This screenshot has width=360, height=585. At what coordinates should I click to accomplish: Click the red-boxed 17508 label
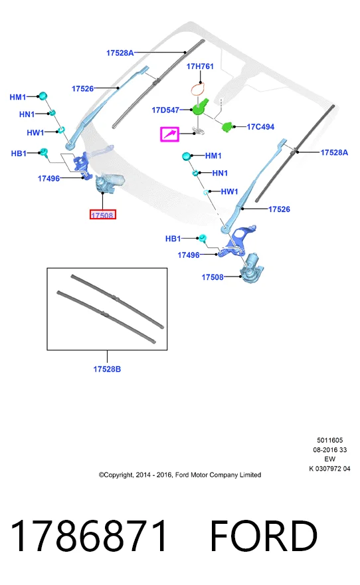[103, 215]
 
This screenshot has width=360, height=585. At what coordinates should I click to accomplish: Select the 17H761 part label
[200, 66]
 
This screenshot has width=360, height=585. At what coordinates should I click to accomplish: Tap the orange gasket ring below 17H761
[198, 90]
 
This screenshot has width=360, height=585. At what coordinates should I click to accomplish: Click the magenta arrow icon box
[170, 134]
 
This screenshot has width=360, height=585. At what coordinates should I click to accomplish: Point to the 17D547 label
[165, 110]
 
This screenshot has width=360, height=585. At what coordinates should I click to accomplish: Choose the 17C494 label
[260, 127]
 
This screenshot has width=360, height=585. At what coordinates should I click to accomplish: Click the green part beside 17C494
[227, 126]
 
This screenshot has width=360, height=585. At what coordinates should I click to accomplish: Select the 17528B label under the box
[107, 369]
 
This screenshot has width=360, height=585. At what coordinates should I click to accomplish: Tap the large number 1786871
[90, 536]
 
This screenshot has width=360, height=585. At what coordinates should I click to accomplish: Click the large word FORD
[264, 536]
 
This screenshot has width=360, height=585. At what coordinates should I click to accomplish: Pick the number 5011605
[330, 440]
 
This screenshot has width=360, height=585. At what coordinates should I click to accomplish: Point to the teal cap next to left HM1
[43, 96]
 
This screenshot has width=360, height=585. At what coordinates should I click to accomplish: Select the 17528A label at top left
[120, 53]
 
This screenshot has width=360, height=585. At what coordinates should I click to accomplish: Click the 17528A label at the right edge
[334, 152]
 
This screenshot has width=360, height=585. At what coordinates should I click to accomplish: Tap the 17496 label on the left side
[49, 178]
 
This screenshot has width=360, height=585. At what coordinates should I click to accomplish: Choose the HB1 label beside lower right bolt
[173, 239]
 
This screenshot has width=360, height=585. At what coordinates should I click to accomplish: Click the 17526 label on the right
[279, 209]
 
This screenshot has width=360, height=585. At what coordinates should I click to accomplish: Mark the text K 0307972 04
[330, 469]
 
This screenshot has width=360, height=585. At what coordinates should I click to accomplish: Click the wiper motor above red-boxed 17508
[109, 183]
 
